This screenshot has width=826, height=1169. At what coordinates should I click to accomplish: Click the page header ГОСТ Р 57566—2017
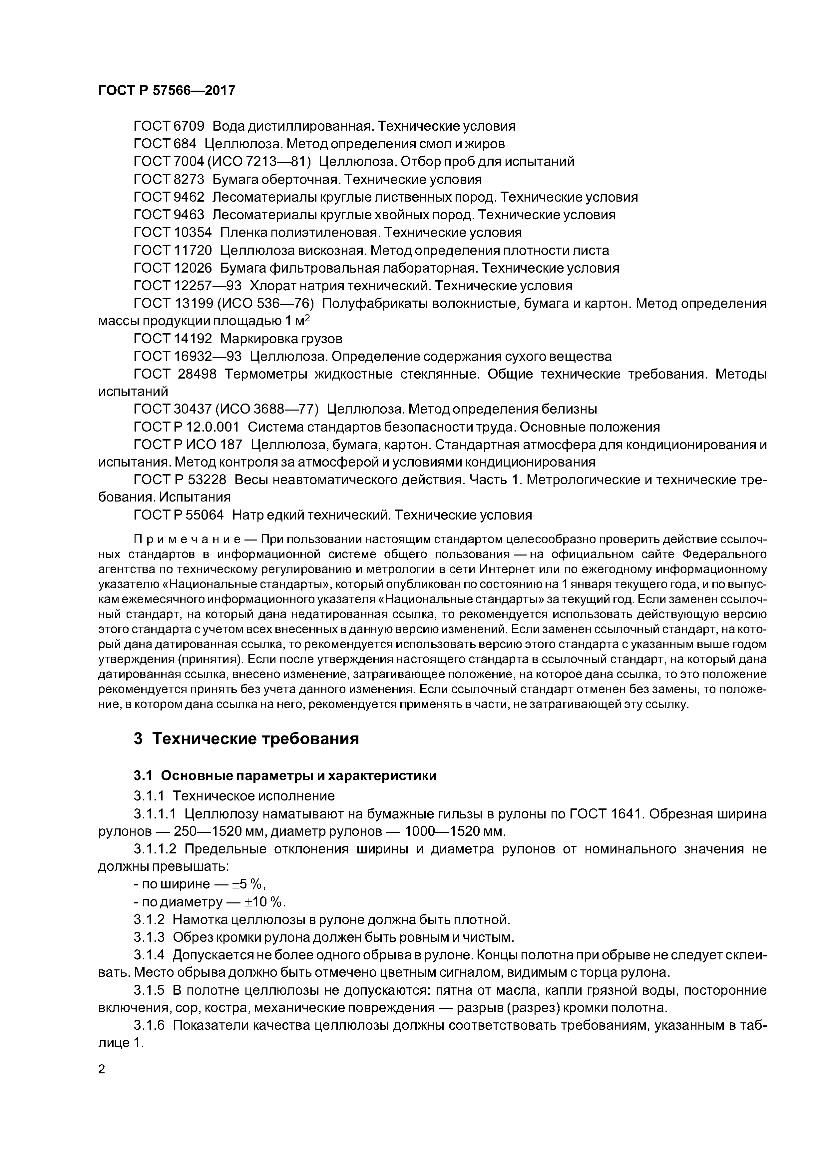click(167, 91)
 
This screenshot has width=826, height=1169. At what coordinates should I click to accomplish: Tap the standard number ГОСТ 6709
click(169, 126)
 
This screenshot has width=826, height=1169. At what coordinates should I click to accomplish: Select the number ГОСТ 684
click(165, 144)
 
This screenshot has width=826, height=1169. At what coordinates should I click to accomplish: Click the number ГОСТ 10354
click(173, 232)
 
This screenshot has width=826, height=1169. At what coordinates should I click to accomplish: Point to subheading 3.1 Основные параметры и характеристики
click(285, 775)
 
